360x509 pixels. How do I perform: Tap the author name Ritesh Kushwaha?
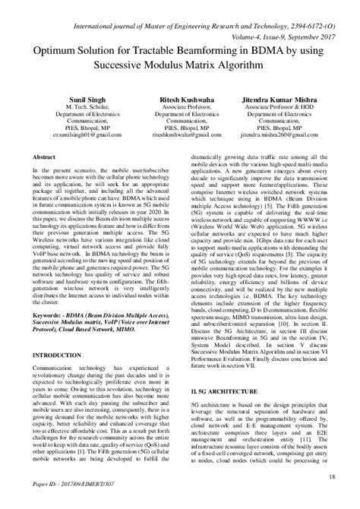[x=180, y=99]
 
